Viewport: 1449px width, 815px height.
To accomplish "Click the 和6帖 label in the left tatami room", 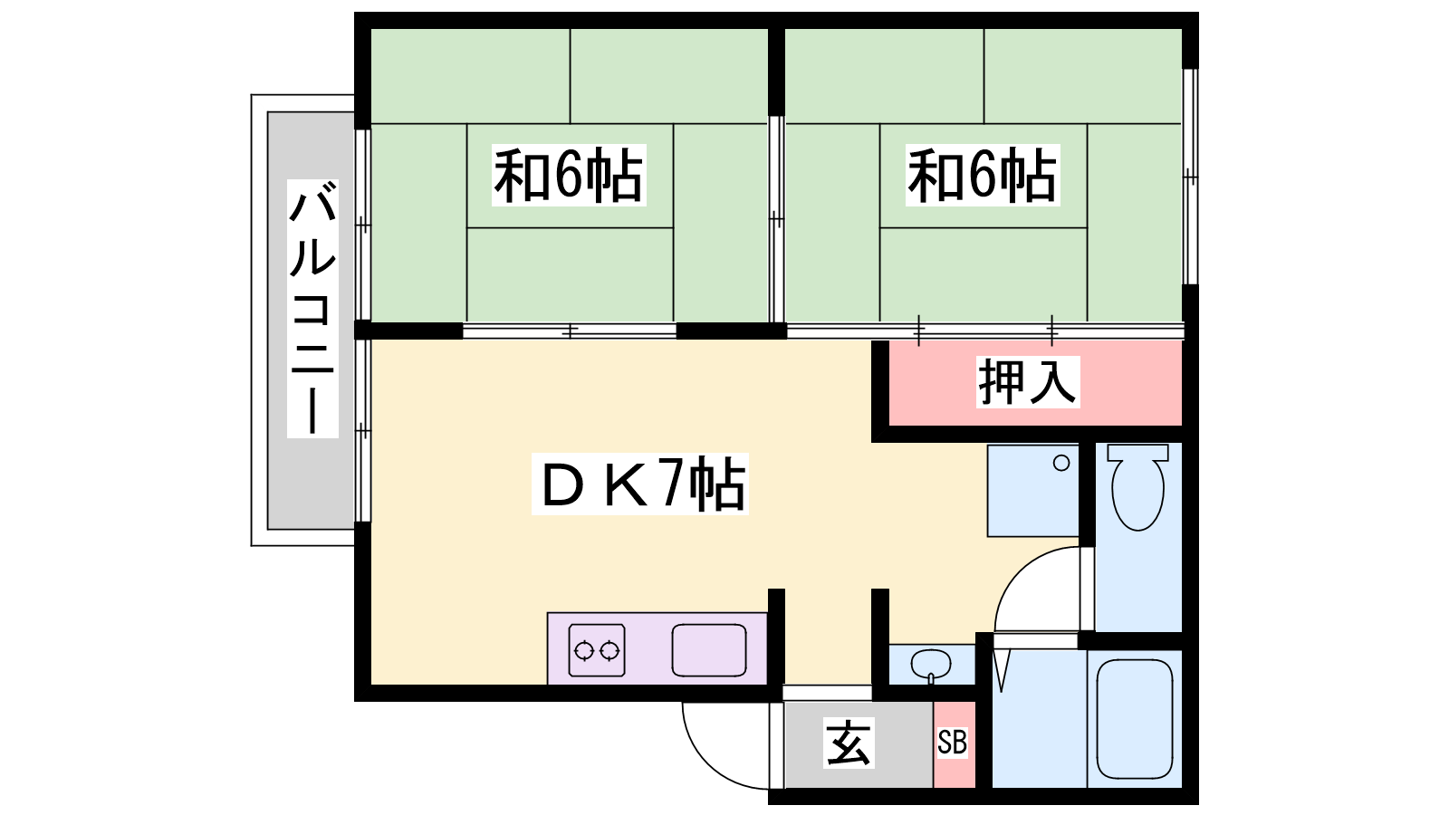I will [x=568, y=176].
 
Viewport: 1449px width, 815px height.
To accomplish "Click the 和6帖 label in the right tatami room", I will [x=983, y=176].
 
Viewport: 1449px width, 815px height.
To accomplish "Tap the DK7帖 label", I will [x=641, y=484].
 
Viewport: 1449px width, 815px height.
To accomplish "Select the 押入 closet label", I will [x=1027, y=381].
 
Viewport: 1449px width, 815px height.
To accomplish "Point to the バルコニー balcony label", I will [x=312, y=308].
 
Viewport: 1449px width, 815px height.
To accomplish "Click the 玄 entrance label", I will [x=849, y=743].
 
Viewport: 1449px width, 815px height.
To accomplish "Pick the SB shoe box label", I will [x=953, y=743].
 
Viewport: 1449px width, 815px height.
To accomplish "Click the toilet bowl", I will [x=1137, y=489].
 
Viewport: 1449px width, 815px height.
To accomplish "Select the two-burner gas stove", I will [x=597, y=650].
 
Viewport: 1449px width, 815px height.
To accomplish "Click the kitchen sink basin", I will [x=709, y=650].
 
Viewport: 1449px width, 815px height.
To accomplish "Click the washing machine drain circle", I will [x=1061, y=464].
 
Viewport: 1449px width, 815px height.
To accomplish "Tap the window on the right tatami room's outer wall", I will [x=1190, y=177].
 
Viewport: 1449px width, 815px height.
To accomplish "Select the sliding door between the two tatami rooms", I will [x=776, y=218].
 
